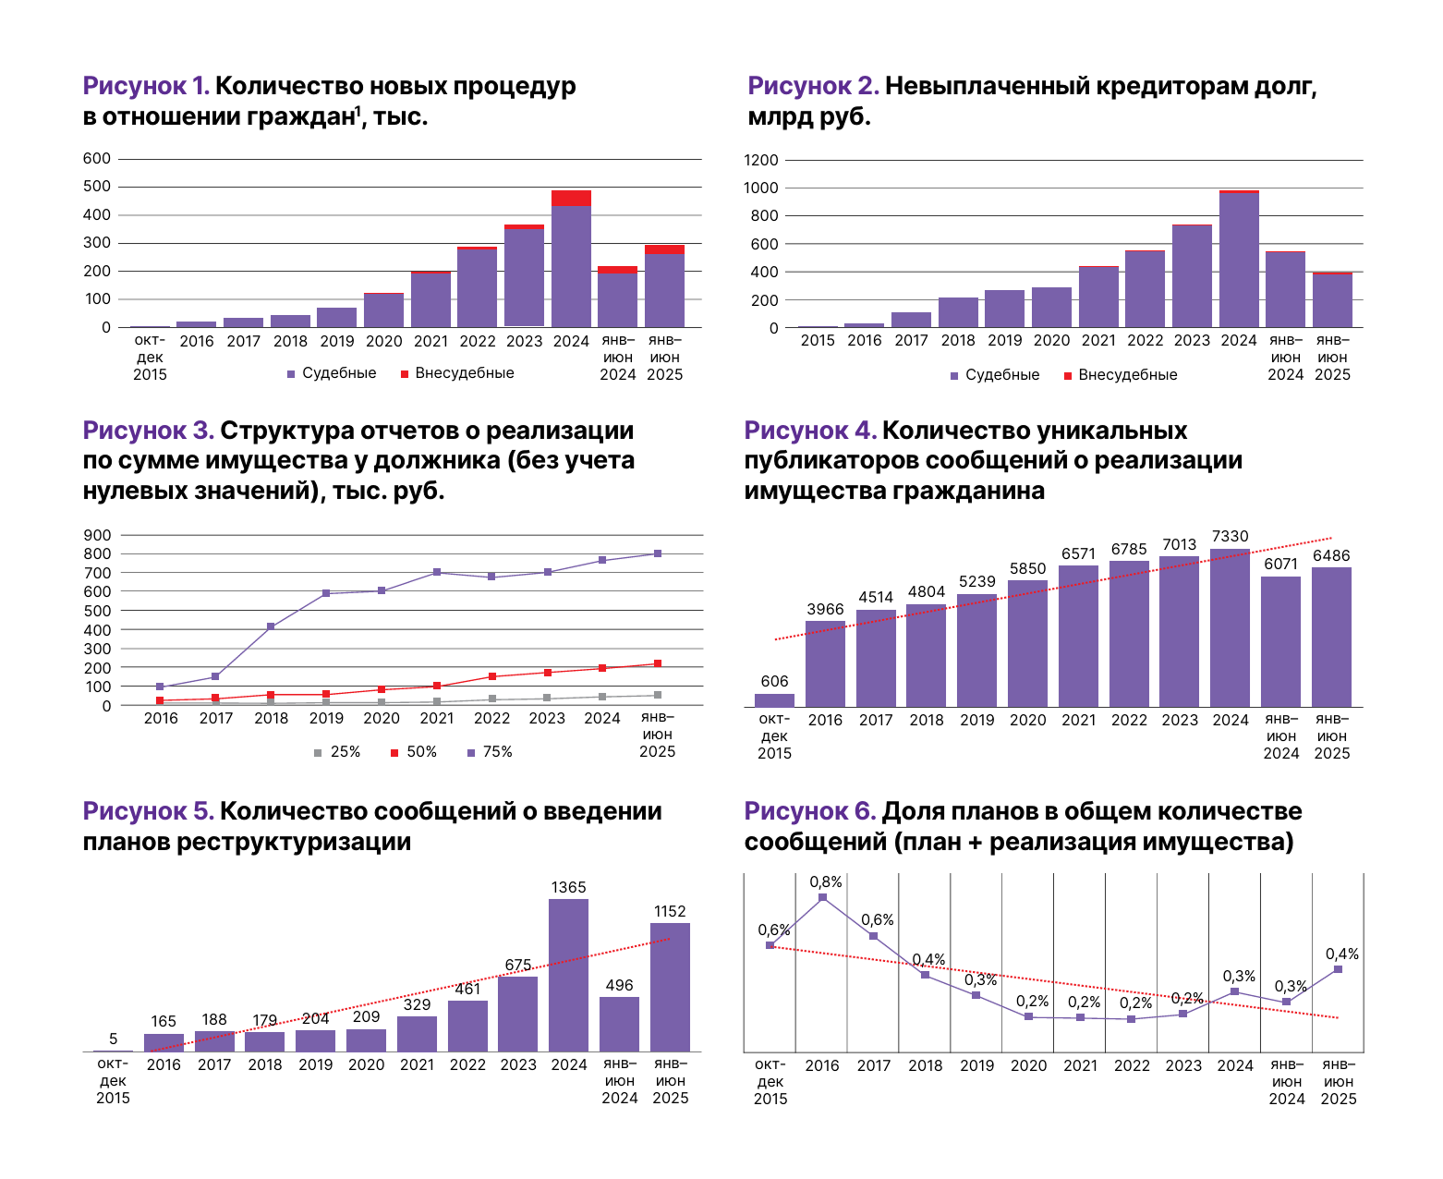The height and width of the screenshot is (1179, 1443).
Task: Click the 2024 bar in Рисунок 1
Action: coord(571,259)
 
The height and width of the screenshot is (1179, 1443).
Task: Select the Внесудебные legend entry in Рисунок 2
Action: coord(1120,374)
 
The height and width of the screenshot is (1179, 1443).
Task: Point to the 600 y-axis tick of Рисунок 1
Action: coord(96,158)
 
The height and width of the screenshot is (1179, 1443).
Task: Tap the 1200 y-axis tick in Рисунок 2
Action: coord(761,160)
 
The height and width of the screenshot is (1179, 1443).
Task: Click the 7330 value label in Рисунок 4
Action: coord(1230,536)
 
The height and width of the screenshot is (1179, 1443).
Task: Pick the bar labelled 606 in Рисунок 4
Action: coord(774,699)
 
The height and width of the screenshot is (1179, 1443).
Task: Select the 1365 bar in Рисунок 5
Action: coord(568,975)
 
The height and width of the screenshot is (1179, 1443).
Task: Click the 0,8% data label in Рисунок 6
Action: coord(825,881)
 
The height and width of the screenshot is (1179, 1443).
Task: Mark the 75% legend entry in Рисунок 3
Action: coord(490,751)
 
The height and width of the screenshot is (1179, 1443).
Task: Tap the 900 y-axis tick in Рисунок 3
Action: coord(97,534)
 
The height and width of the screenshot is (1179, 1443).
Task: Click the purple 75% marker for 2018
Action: coord(271,626)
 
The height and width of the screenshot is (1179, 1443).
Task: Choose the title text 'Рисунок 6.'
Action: coord(809,810)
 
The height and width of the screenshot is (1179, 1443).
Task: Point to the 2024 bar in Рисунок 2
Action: coord(1239,259)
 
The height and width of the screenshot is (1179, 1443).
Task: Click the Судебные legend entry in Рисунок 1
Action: coord(331,373)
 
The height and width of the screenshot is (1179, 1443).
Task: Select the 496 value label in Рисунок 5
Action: coord(619,985)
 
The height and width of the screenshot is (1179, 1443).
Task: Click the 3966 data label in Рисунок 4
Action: coord(824,608)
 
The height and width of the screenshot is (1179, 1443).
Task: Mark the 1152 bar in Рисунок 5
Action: coord(669,987)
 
